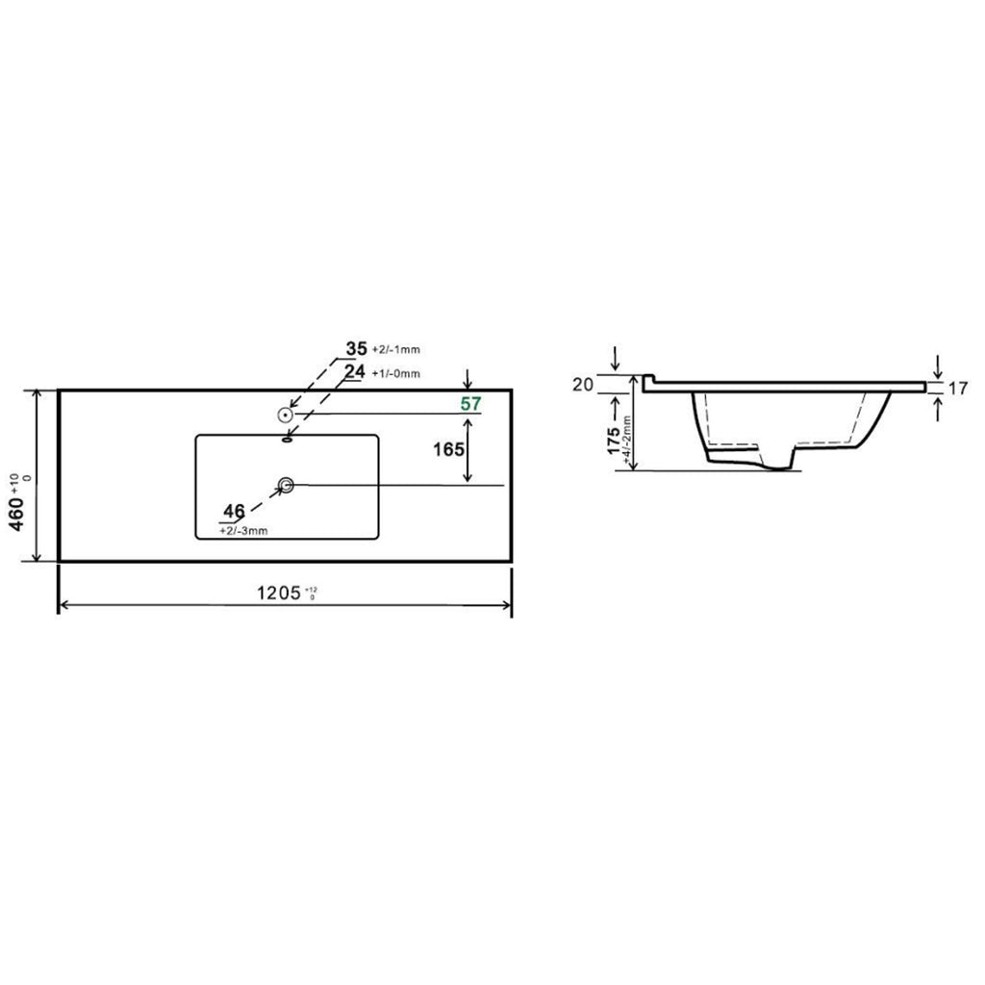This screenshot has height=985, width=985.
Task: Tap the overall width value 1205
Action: [278, 594]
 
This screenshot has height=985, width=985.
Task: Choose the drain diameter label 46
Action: [234, 510]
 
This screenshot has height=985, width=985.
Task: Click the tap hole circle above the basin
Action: [285, 415]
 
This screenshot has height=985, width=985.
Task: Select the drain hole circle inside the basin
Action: [286, 485]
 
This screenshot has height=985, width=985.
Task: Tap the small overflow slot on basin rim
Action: [286, 440]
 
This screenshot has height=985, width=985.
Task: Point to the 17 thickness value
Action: [956, 390]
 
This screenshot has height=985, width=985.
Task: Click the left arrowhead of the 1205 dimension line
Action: [64, 605]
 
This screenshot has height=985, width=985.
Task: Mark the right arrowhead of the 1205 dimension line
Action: [506, 605]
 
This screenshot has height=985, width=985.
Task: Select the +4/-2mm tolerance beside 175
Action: [627, 442]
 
